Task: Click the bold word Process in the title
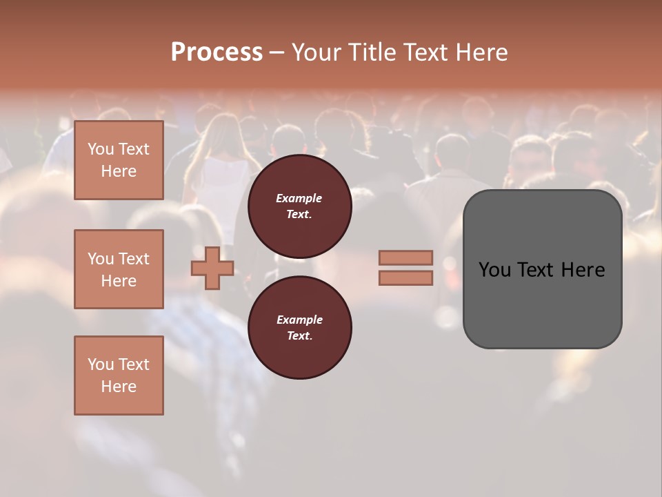(x=217, y=52)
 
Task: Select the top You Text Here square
(x=119, y=160)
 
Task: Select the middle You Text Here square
(x=119, y=269)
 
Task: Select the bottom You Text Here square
(x=119, y=375)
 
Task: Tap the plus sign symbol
(x=212, y=268)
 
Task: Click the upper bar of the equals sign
(x=405, y=257)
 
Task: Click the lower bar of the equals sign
(x=405, y=277)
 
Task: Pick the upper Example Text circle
(x=299, y=206)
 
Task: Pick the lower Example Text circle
(x=299, y=328)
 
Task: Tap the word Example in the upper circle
(x=299, y=198)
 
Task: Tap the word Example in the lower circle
(x=299, y=320)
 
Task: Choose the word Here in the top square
(x=119, y=171)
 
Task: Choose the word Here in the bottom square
(x=119, y=387)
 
